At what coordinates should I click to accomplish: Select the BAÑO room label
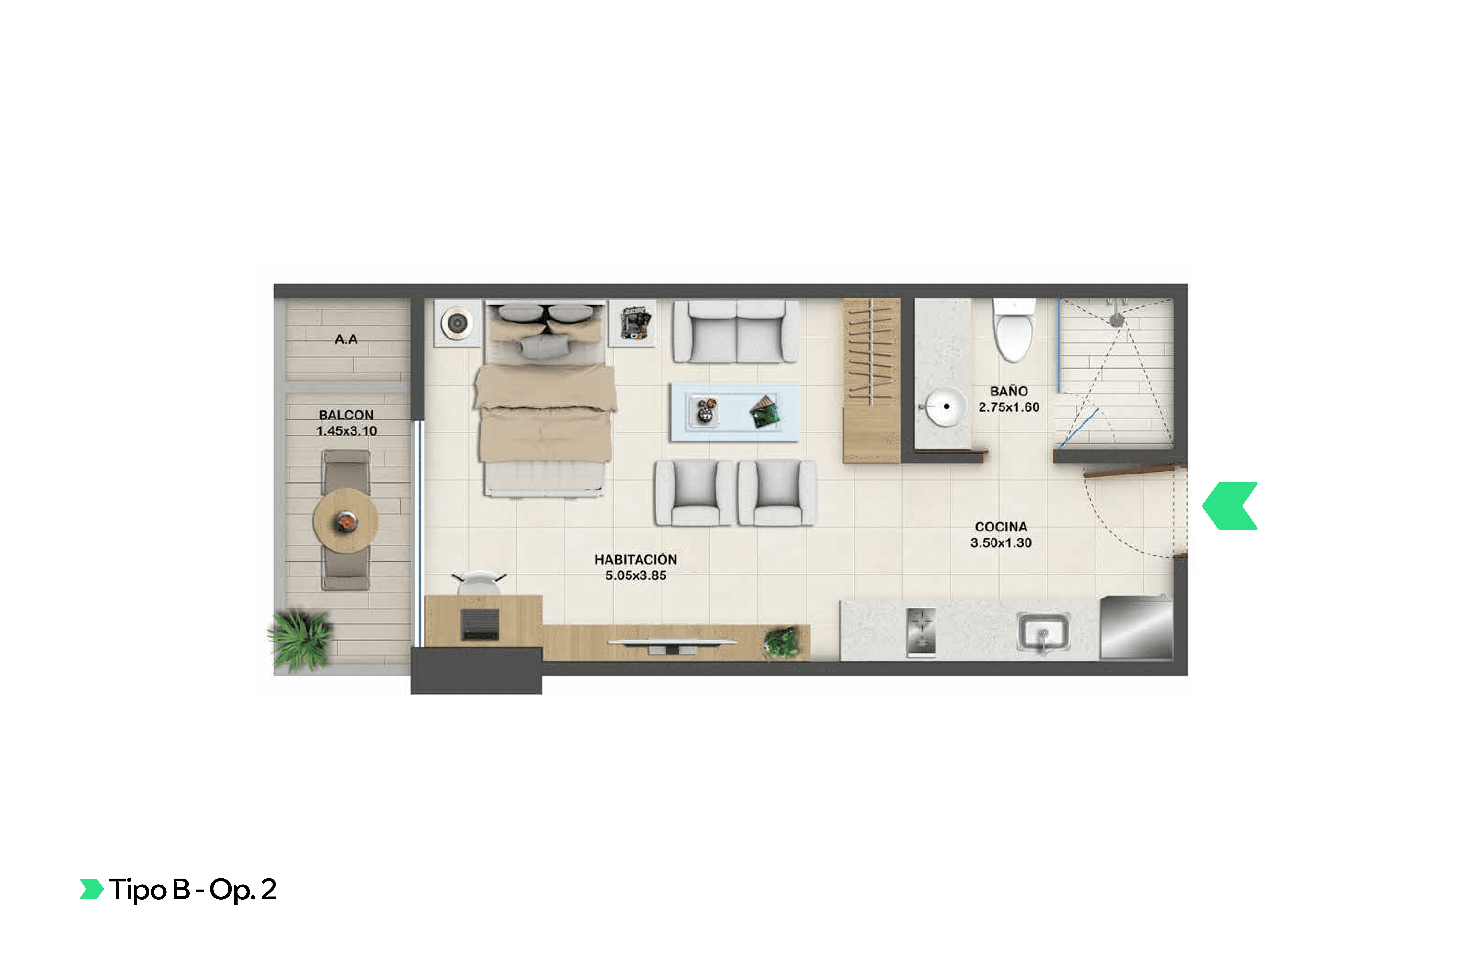click(x=1009, y=391)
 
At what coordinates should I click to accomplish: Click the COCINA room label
click(x=1000, y=527)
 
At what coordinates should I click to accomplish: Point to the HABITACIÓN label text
click(x=636, y=560)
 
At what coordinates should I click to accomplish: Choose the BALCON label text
click(x=346, y=415)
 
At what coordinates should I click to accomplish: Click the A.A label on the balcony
click(x=346, y=339)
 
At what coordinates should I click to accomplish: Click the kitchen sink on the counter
click(x=1043, y=631)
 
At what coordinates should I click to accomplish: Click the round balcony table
click(x=345, y=521)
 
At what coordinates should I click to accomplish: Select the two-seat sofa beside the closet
click(x=736, y=332)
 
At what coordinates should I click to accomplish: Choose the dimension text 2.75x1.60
click(x=1009, y=407)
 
